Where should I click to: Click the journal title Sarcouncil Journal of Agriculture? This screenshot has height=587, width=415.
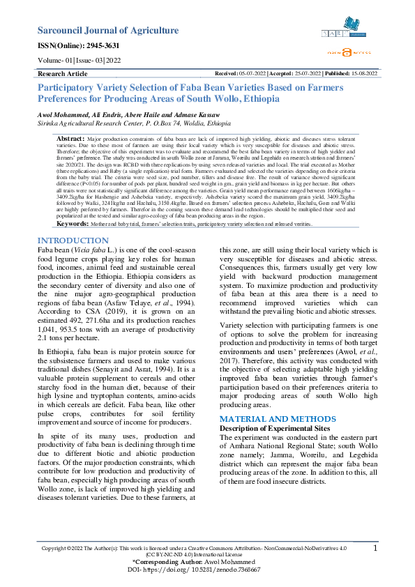107,30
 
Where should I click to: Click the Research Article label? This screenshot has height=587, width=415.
62,73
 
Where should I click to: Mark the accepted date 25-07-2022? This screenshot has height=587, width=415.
302,73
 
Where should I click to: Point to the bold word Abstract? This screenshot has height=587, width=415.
70,140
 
